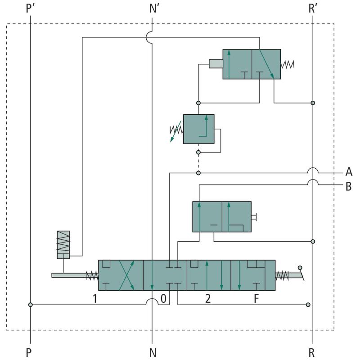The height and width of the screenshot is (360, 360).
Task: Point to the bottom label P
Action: tap(29, 352)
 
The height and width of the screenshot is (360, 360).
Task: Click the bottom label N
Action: tap(153, 352)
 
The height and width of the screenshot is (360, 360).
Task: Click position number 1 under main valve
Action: tap(95, 298)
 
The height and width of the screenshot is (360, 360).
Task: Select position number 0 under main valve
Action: tap(163, 298)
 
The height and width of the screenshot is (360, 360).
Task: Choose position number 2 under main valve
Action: tap(207, 298)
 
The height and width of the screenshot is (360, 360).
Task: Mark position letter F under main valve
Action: tap(256, 298)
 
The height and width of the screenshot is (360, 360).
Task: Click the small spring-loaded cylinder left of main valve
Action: tap(63, 244)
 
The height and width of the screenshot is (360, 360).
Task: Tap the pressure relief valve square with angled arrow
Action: tap(198, 129)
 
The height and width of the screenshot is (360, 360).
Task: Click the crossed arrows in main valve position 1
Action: tap(126, 275)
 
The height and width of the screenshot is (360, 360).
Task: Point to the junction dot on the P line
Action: tap(31, 305)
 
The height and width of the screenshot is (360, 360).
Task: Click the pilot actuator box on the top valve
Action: tap(216, 64)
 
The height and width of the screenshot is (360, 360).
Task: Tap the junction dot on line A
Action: tap(198, 173)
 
